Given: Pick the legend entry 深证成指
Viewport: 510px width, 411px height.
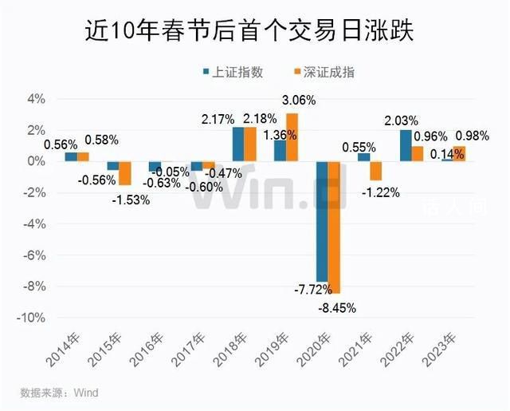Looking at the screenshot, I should (322, 72).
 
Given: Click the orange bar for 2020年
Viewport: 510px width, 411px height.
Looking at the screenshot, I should (335, 227).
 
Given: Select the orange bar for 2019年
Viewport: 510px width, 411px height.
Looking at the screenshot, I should (292, 137).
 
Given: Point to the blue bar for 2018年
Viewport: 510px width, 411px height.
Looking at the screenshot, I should (238, 144).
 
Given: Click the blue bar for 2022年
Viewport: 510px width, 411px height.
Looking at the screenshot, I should (406, 145).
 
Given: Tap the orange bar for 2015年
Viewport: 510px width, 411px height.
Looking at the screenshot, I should (125, 173).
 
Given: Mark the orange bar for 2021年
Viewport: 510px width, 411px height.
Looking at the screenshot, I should (376, 171).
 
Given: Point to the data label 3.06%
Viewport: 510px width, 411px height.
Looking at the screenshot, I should (299, 101).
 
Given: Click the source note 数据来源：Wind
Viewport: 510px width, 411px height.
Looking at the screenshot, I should (60, 393).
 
